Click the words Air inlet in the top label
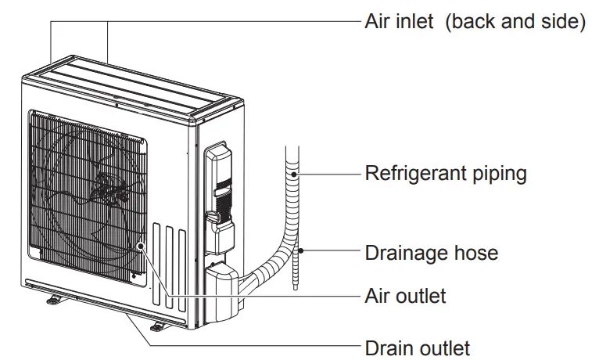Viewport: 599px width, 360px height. click(x=399, y=21)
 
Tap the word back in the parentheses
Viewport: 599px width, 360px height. click(x=472, y=21)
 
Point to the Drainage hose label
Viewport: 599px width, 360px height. click(x=431, y=254)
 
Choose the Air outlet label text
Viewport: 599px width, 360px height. click(x=405, y=296)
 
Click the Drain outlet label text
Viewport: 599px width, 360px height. click(x=417, y=347)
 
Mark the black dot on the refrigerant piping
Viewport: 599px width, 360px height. click(x=295, y=173)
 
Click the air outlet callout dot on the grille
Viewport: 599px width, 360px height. click(x=142, y=247)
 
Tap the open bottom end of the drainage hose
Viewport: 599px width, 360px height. click(x=297, y=288)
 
